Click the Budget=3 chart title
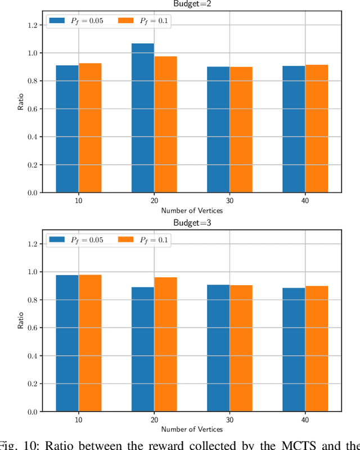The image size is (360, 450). tap(192, 222)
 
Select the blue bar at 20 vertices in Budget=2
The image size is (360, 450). tap(143, 118)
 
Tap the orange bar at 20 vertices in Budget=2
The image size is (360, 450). tap(165, 124)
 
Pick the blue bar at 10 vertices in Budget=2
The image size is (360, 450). tap(67, 129)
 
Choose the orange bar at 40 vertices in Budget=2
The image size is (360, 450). tap(316, 129)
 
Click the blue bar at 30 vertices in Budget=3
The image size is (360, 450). tap(218, 348)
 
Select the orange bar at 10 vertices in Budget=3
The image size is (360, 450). tap(90, 343)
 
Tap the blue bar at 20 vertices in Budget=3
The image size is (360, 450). tap(143, 349)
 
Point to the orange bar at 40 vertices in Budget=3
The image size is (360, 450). tap(316, 349)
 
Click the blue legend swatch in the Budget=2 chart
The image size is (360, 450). tap(57, 20)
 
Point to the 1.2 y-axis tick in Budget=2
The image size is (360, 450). tap(31, 25)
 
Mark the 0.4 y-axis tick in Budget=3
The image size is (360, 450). tap(31, 356)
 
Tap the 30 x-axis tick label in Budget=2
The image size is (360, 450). tap(229, 201)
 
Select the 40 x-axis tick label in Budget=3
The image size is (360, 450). tap(305, 420)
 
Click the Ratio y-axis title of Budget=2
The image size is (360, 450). tap(21, 105)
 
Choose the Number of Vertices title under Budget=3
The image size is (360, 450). tap(192, 429)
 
